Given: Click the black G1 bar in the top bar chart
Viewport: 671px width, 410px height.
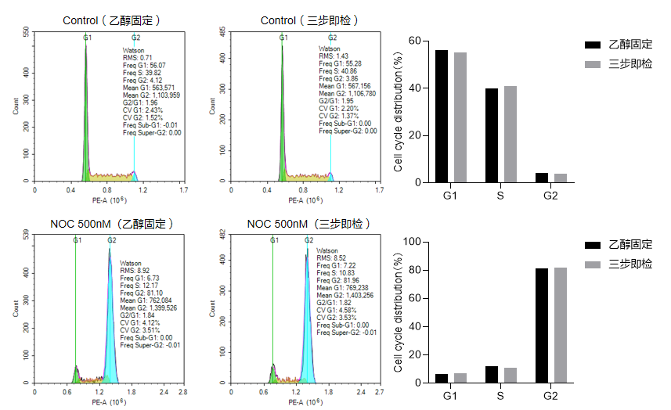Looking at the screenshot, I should pyautogui.click(x=442, y=116).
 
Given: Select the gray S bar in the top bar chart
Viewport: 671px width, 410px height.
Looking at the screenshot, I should pyautogui.click(x=510, y=134).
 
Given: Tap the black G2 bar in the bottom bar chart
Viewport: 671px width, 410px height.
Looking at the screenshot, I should pyautogui.click(x=541, y=325).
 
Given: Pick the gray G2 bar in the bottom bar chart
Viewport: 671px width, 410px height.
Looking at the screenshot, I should pyautogui.click(x=561, y=325).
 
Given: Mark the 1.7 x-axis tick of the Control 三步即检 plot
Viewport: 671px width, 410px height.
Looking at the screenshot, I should pyautogui.click(x=381, y=189).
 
